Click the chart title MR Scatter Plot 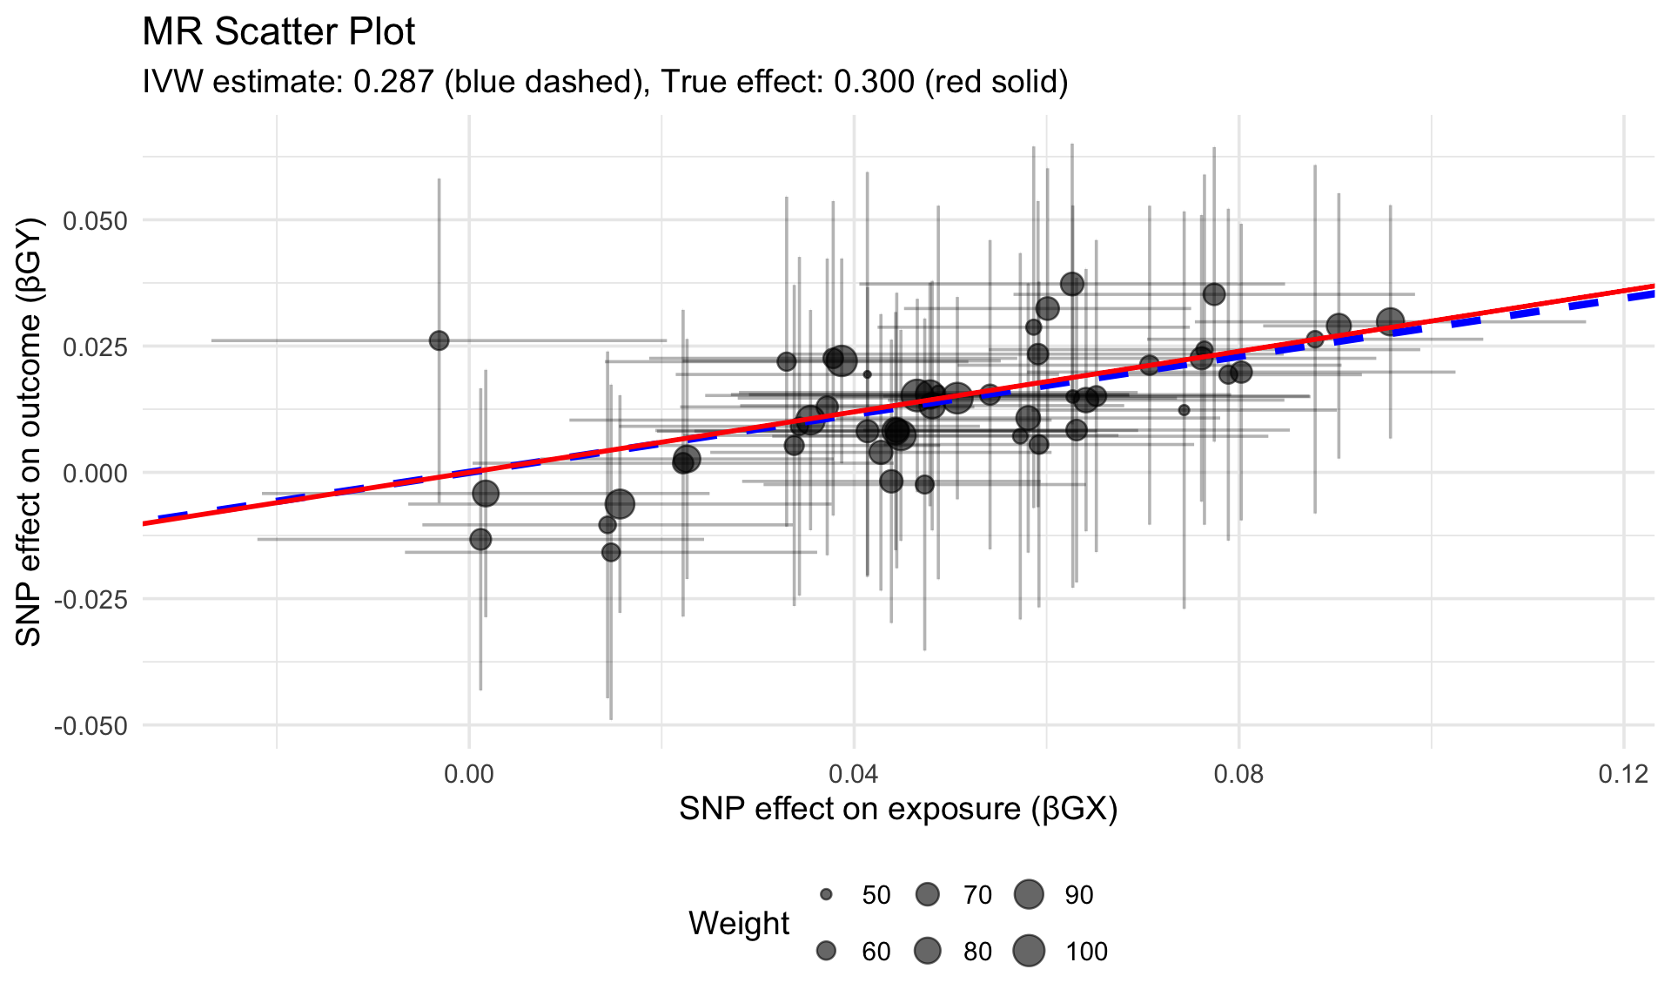tap(278, 32)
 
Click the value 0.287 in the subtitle tap(393, 82)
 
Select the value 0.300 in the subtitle tap(874, 82)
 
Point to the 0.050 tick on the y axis tap(95, 221)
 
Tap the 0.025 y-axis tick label tap(95, 347)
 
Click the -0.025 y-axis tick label tap(91, 600)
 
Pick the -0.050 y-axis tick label tap(91, 726)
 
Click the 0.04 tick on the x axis tap(854, 774)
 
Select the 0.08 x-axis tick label tap(1238, 774)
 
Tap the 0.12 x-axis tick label tap(1623, 774)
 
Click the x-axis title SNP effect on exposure tap(898, 809)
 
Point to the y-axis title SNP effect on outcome tap(30, 432)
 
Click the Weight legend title tap(739, 923)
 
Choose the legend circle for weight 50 tap(826, 895)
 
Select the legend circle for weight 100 tap(1029, 951)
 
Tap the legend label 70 tap(977, 895)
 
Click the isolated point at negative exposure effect tap(440, 340)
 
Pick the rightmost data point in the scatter tap(1391, 322)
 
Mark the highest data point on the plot tap(1072, 284)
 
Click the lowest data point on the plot tap(611, 552)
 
